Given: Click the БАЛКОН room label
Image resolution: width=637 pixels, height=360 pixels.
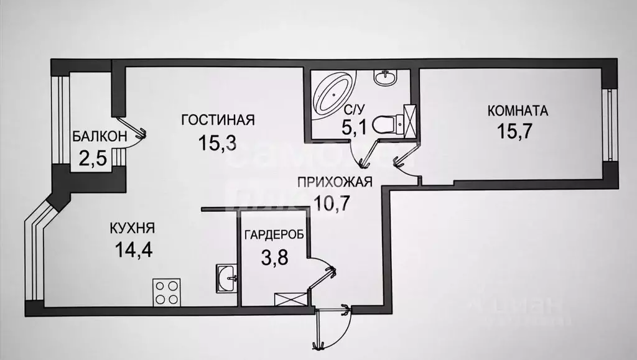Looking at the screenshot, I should coord(100,136).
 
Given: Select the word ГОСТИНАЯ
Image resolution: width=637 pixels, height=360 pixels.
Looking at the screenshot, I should coord(218,119).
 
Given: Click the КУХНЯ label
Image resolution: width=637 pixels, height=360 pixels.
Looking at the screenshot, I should coord(132,228).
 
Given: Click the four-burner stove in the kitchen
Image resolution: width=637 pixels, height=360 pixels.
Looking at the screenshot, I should coord(167,291).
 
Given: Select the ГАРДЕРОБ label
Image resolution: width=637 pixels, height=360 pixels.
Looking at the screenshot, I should coord(274,235).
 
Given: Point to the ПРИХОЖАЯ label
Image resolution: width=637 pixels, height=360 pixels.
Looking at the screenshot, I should coord(334,182).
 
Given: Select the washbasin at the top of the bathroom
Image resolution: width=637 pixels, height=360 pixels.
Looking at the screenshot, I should coord(384,79).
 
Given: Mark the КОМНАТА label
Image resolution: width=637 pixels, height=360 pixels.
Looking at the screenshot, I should coord(518,111).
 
